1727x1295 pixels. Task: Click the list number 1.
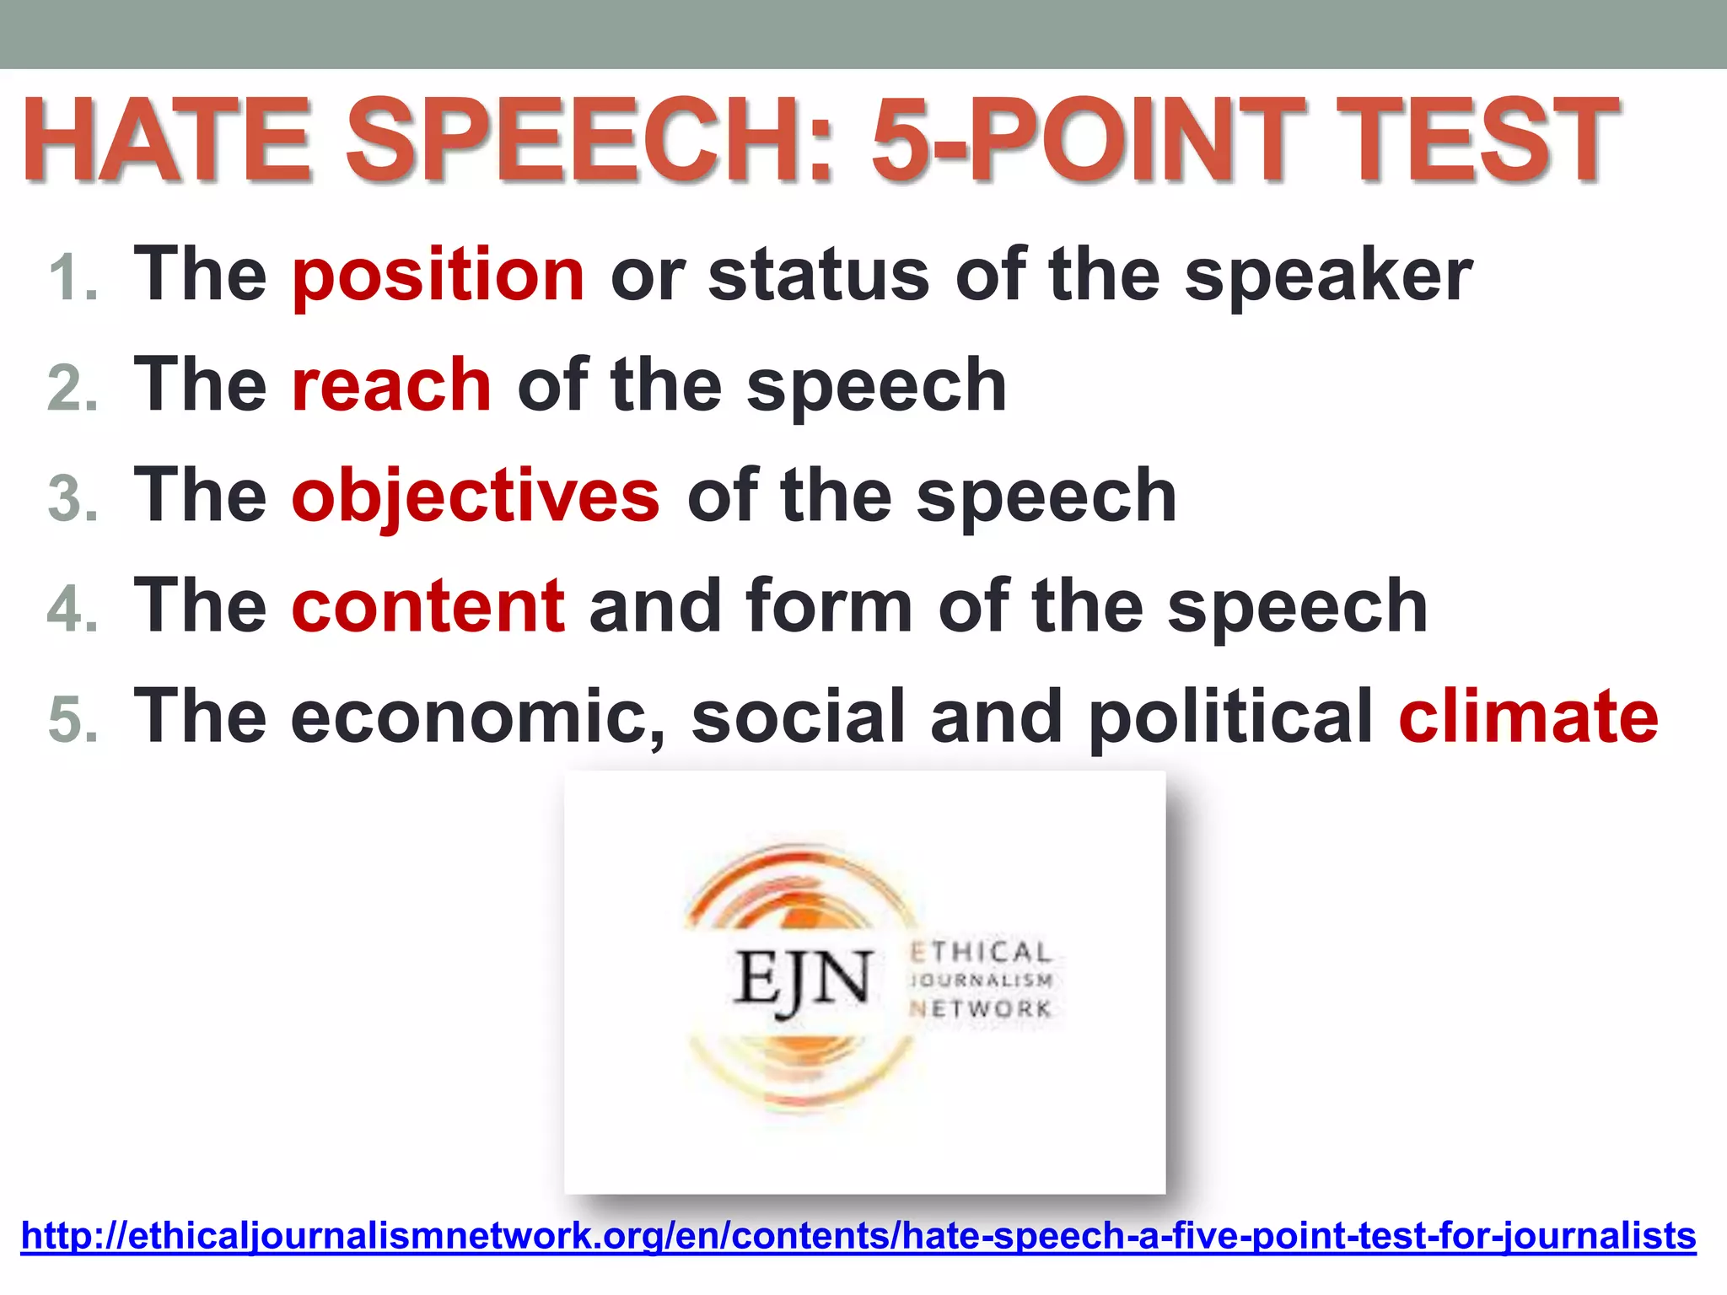(73, 279)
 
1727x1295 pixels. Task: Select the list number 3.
(73, 499)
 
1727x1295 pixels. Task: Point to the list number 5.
(73, 720)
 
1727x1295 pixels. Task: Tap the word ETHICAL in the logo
(981, 952)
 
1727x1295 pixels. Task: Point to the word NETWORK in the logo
(981, 1008)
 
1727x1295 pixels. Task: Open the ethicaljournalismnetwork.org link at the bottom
(858, 1236)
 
